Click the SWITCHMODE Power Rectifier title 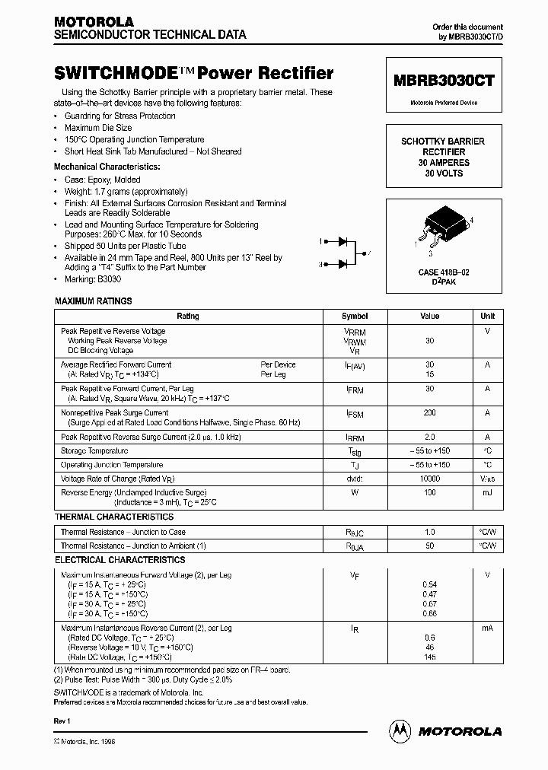click(193, 74)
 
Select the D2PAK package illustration click(443, 226)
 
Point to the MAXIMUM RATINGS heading click(94, 301)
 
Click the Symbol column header click(355, 316)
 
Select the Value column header click(430, 316)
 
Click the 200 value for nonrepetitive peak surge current click(430, 412)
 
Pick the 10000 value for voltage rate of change click(430, 479)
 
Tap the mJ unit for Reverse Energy click(487, 493)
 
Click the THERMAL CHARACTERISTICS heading click(114, 517)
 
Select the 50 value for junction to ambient click(430, 546)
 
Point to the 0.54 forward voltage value click(430, 584)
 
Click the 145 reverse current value click(430, 657)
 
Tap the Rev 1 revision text click(62, 720)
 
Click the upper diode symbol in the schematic click(342, 241)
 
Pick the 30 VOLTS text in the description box click(443, 173)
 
